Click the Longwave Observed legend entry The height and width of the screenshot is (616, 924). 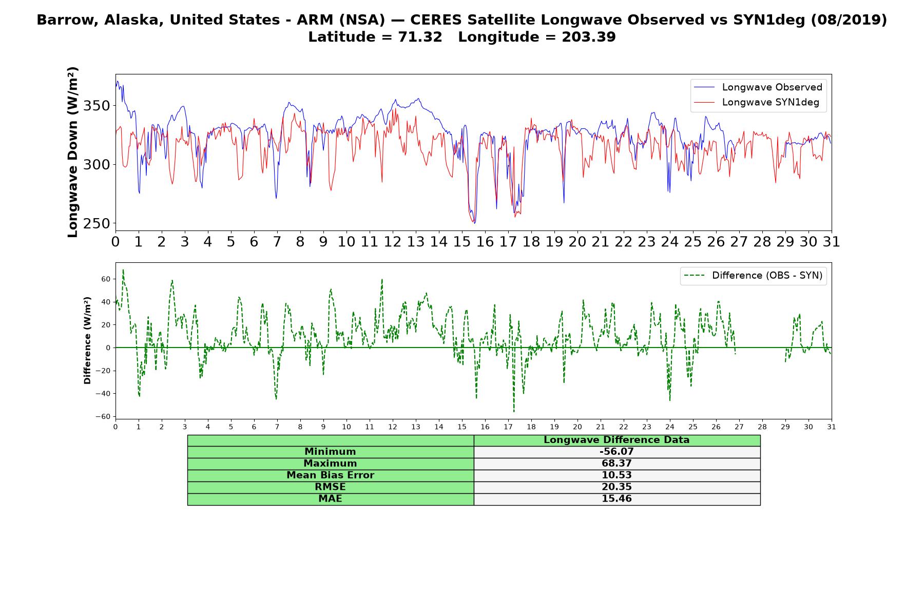(x=758, y=87)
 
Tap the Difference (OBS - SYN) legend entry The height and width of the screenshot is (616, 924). (x=753, y=276)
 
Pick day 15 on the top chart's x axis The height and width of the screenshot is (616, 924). (x=462, y=241)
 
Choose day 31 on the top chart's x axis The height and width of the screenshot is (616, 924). (x=832, y=241)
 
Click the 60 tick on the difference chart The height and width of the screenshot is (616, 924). (x=106, y=279)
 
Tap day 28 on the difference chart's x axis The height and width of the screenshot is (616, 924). (x=762, y=427)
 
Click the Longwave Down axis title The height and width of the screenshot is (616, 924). (x=72, y=152)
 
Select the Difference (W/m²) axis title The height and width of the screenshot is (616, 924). (x=87, y=340)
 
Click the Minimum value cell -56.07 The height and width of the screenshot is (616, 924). (x=617, y=452)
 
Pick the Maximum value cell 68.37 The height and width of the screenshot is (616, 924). (x=617, y=464)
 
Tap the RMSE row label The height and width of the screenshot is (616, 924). (x=330, y=487)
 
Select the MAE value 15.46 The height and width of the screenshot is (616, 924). (x=617, y=499)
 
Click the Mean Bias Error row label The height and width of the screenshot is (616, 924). (x=330, y=475)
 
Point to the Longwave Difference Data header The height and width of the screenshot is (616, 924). (x=617, y=440)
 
